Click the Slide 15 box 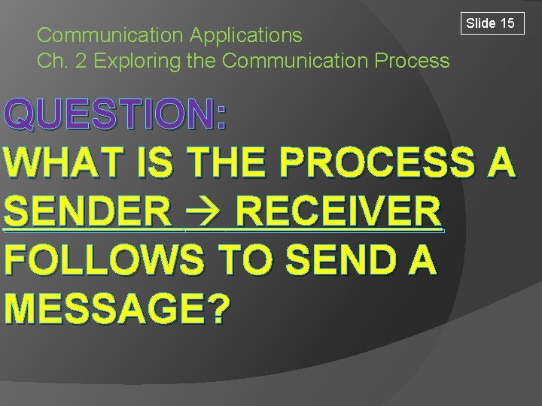click(490, 23)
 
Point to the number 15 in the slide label click(507, 23)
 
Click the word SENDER click(87, 211)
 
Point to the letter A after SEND click(421, 259)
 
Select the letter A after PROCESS click(501, 162)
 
